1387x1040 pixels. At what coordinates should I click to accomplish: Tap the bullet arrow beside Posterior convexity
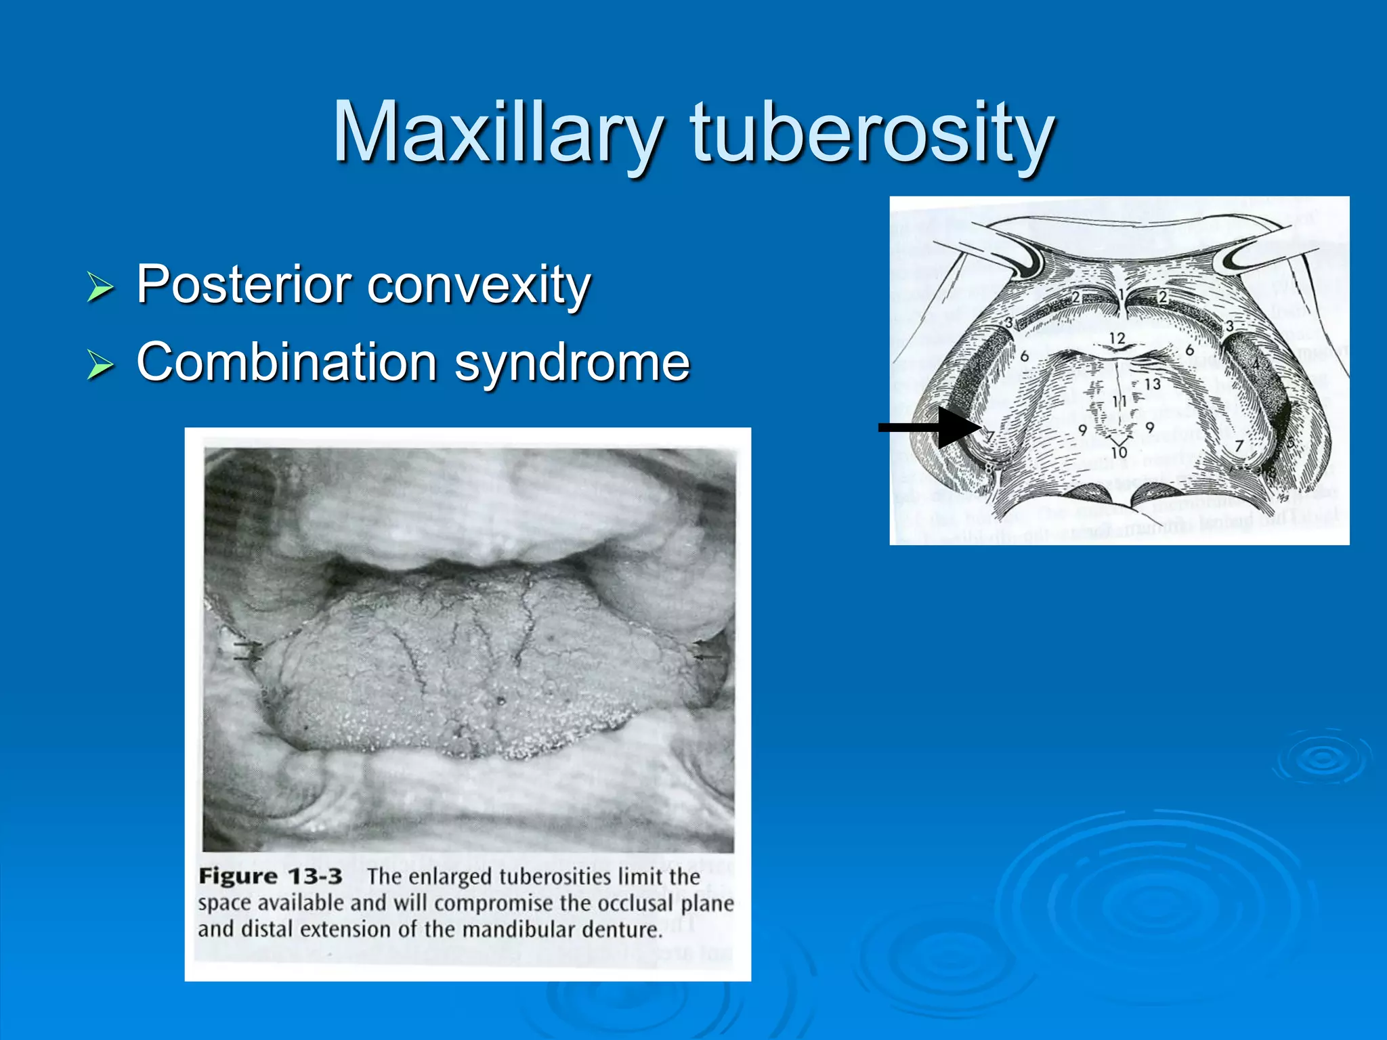tap(101, 287)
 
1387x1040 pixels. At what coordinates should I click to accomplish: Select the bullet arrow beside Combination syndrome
tap(101, 365)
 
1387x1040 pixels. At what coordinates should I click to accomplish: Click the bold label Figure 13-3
tap(270, 876)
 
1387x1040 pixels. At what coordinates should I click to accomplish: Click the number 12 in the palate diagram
tap(1117, 338)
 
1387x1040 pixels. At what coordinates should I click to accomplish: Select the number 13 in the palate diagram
tap(1152, 384)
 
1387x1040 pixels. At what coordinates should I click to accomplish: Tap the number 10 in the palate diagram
tap(1119, 451)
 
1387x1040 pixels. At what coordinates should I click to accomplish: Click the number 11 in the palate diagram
tap(1119, 402)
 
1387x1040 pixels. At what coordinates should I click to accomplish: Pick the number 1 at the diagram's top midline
tap(1122, 295)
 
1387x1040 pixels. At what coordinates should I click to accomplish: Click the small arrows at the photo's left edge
tap(247, 651)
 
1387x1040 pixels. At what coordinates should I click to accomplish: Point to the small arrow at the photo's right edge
tap(708, 656)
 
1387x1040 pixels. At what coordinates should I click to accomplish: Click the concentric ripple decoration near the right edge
tap(1321, 758)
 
